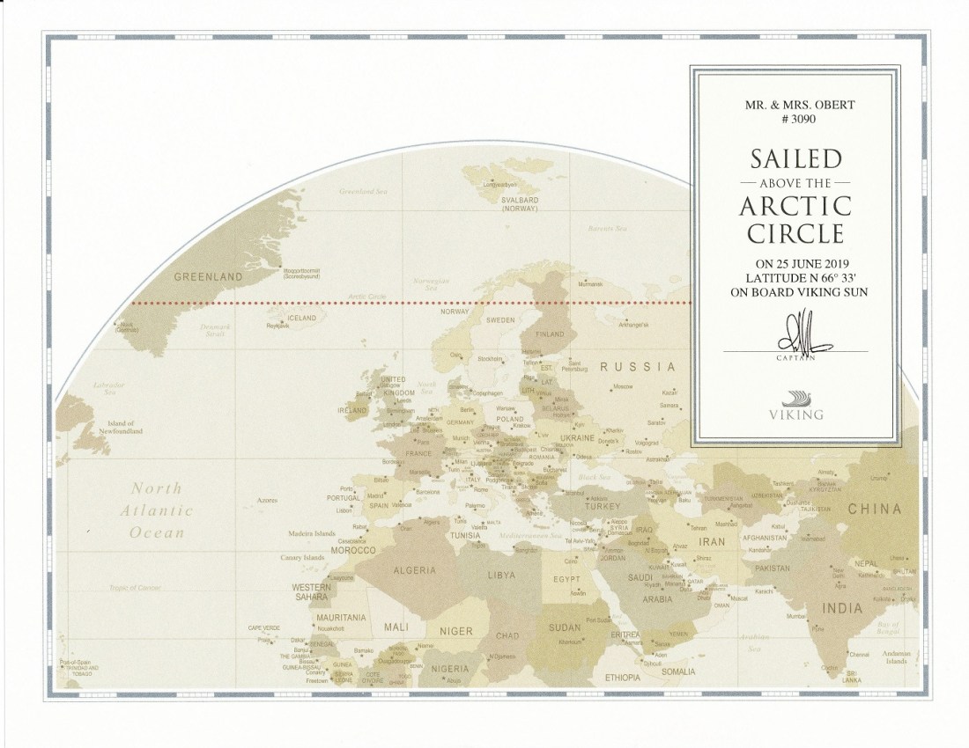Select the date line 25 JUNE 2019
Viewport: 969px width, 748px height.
point(795,262)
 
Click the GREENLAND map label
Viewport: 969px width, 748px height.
point(208,277)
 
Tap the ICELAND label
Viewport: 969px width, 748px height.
point(302,318)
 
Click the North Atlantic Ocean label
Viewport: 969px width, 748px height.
point(157,510)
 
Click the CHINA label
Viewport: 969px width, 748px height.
point(874,509)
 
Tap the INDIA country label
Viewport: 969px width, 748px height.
point(842,608)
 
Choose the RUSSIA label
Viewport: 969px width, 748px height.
point(638,367)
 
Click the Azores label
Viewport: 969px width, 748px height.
point(268,500)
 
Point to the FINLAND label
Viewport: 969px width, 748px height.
point(550,334)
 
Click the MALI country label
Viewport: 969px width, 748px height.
point(396,627)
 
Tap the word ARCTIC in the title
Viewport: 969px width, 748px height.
point(795,207)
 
